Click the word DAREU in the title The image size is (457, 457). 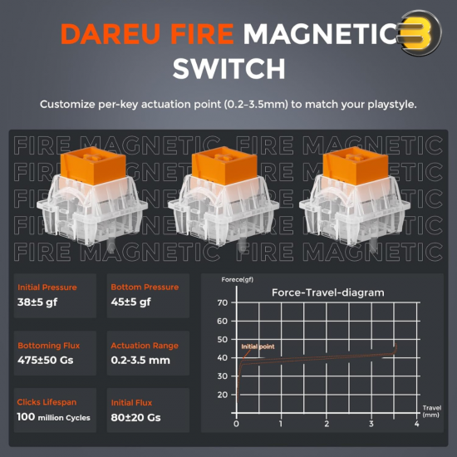pos(111,34)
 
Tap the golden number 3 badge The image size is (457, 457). pos(420,33)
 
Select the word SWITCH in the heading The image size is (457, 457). pos(228,68)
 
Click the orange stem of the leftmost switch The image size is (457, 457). pos(93,165)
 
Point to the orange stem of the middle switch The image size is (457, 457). pos(224,165)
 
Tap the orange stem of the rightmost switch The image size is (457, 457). pos(356,165)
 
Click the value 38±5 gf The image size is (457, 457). pos(37,302)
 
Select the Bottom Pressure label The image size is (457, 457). pos(145,287)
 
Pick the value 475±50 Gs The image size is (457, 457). pos(45,361)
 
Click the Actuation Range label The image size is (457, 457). pos(145,346)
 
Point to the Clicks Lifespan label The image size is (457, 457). pos(47,402)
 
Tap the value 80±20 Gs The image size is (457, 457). pos(135,417)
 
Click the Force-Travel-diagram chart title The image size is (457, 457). pos(328,292)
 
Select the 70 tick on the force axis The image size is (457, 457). pos(223,302)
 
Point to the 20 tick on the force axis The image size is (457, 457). pos(223,395)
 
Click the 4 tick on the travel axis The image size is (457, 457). pos(417,424)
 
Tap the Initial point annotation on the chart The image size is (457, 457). pos(258,346)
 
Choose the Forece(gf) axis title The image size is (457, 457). pos(238,280)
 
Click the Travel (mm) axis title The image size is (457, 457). pos(431,411)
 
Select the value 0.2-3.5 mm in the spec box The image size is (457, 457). pos(140,361)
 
